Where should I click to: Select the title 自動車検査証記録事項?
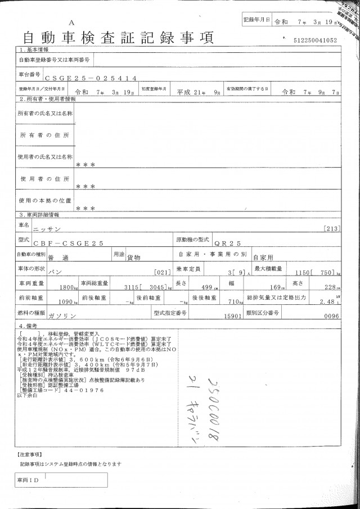click(x=118, y=38)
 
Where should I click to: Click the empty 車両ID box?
click(x=67, y=480)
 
